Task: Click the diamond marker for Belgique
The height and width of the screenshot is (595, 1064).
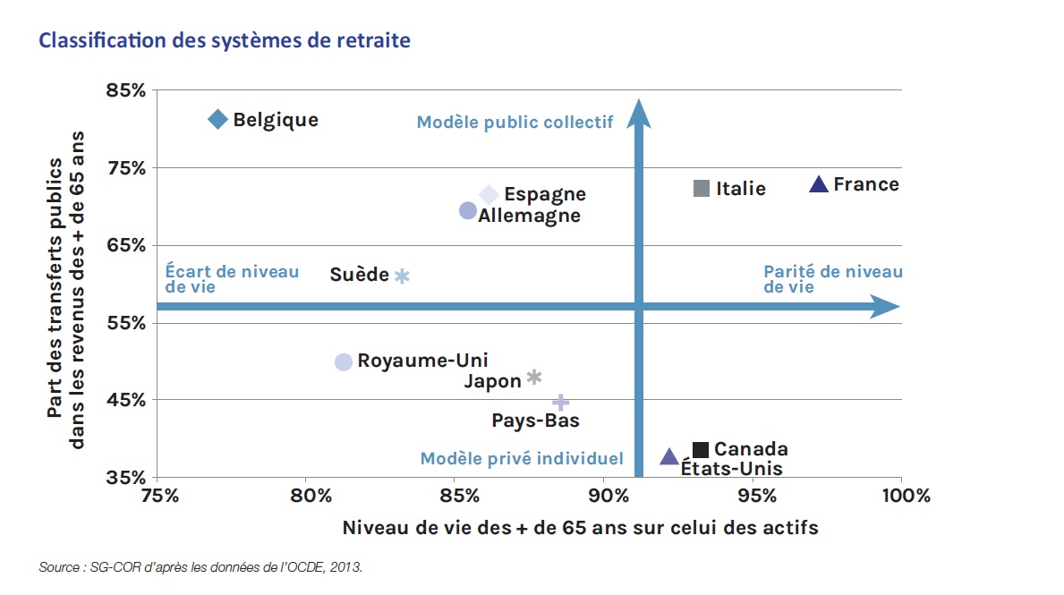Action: [217, 119]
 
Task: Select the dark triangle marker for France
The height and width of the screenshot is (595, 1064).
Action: [818, 184]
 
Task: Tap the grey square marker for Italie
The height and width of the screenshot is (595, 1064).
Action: [702, 188]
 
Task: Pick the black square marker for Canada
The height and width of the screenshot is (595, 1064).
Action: [701, 449]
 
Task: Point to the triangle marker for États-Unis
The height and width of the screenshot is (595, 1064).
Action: [668, 457]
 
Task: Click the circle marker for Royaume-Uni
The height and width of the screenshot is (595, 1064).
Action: [344, 361]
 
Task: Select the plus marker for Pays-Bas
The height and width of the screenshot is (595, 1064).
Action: [560, 403]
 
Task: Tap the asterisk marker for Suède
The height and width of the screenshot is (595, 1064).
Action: [402, 276]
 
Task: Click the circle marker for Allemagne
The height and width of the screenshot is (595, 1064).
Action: [467, 210]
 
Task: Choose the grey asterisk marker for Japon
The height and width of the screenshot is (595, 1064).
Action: [534, 378]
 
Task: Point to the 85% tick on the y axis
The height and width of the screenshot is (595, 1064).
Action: [127, 90]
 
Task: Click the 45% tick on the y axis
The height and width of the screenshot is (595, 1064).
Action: [127, 400]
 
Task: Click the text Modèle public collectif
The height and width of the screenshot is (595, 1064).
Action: [515, 122]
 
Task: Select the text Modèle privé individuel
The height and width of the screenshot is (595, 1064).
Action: [522, 459]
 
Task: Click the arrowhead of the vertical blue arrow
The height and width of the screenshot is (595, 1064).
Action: [639, 112]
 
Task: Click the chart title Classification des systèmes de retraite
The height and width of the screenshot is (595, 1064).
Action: [225, 41]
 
